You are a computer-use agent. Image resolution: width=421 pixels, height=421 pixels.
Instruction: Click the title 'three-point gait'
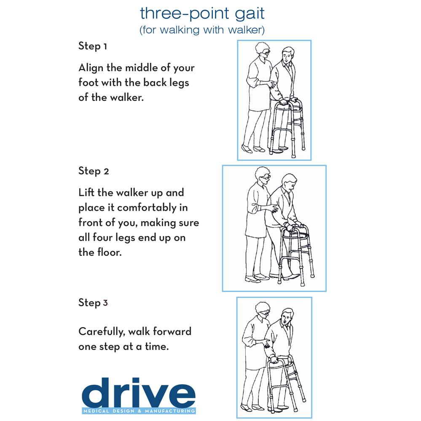[x=202, y=14]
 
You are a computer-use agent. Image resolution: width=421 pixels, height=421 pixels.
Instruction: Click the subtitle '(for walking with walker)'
[x=202, y=30]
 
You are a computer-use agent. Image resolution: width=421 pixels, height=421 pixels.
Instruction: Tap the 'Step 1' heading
[x=92, y=46]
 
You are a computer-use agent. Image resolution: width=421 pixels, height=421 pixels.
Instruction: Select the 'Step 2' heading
[x=94, y=171]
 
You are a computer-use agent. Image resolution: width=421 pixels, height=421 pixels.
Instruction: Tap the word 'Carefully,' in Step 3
[x=101, y=332]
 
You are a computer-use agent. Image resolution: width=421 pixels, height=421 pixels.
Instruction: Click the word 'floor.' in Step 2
[x=106, y=253]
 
